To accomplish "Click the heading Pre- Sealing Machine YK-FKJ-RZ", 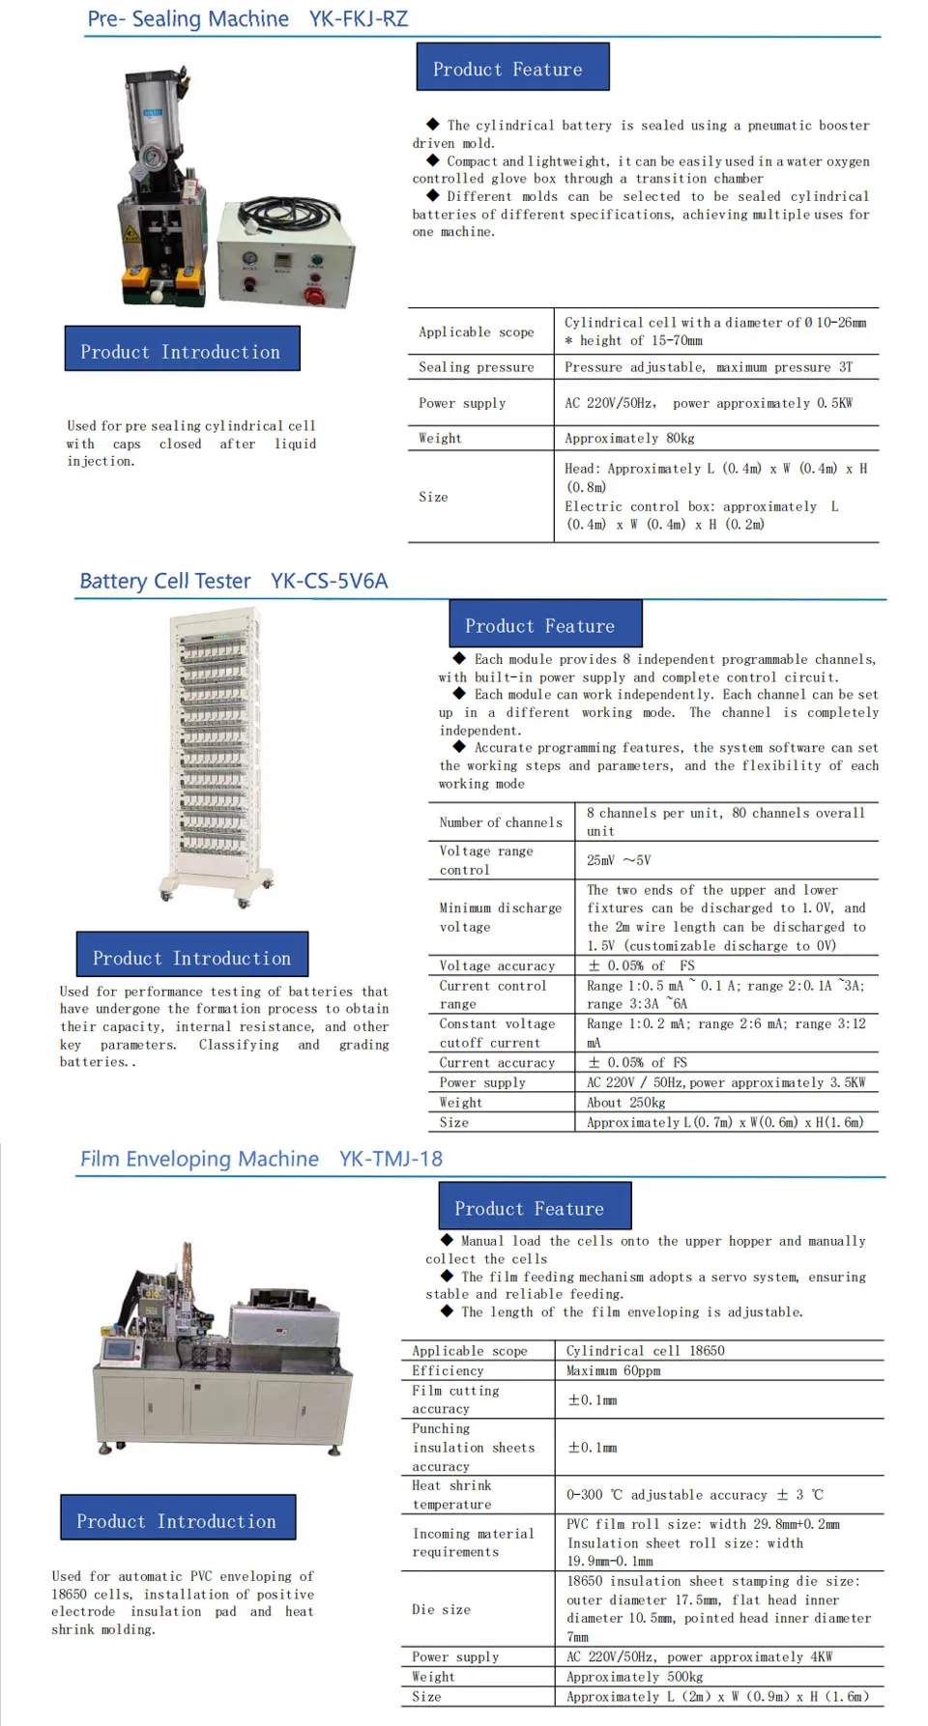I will point(247,19).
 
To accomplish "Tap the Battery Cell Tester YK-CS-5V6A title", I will point(233,581).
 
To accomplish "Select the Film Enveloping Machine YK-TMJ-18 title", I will point(261,1159).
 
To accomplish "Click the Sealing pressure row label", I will point(476,367).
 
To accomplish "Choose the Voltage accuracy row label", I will point(497,965).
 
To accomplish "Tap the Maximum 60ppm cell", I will point(613,1370).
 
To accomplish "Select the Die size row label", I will point(441,1609).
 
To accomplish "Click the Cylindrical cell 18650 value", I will point(645,1350).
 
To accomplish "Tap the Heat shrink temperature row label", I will point(451,1494).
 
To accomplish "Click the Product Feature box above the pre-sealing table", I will point(512,68).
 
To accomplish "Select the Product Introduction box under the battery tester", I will point(191,957).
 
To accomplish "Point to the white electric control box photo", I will point(286,258).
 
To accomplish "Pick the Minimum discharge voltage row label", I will point(500,917).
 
